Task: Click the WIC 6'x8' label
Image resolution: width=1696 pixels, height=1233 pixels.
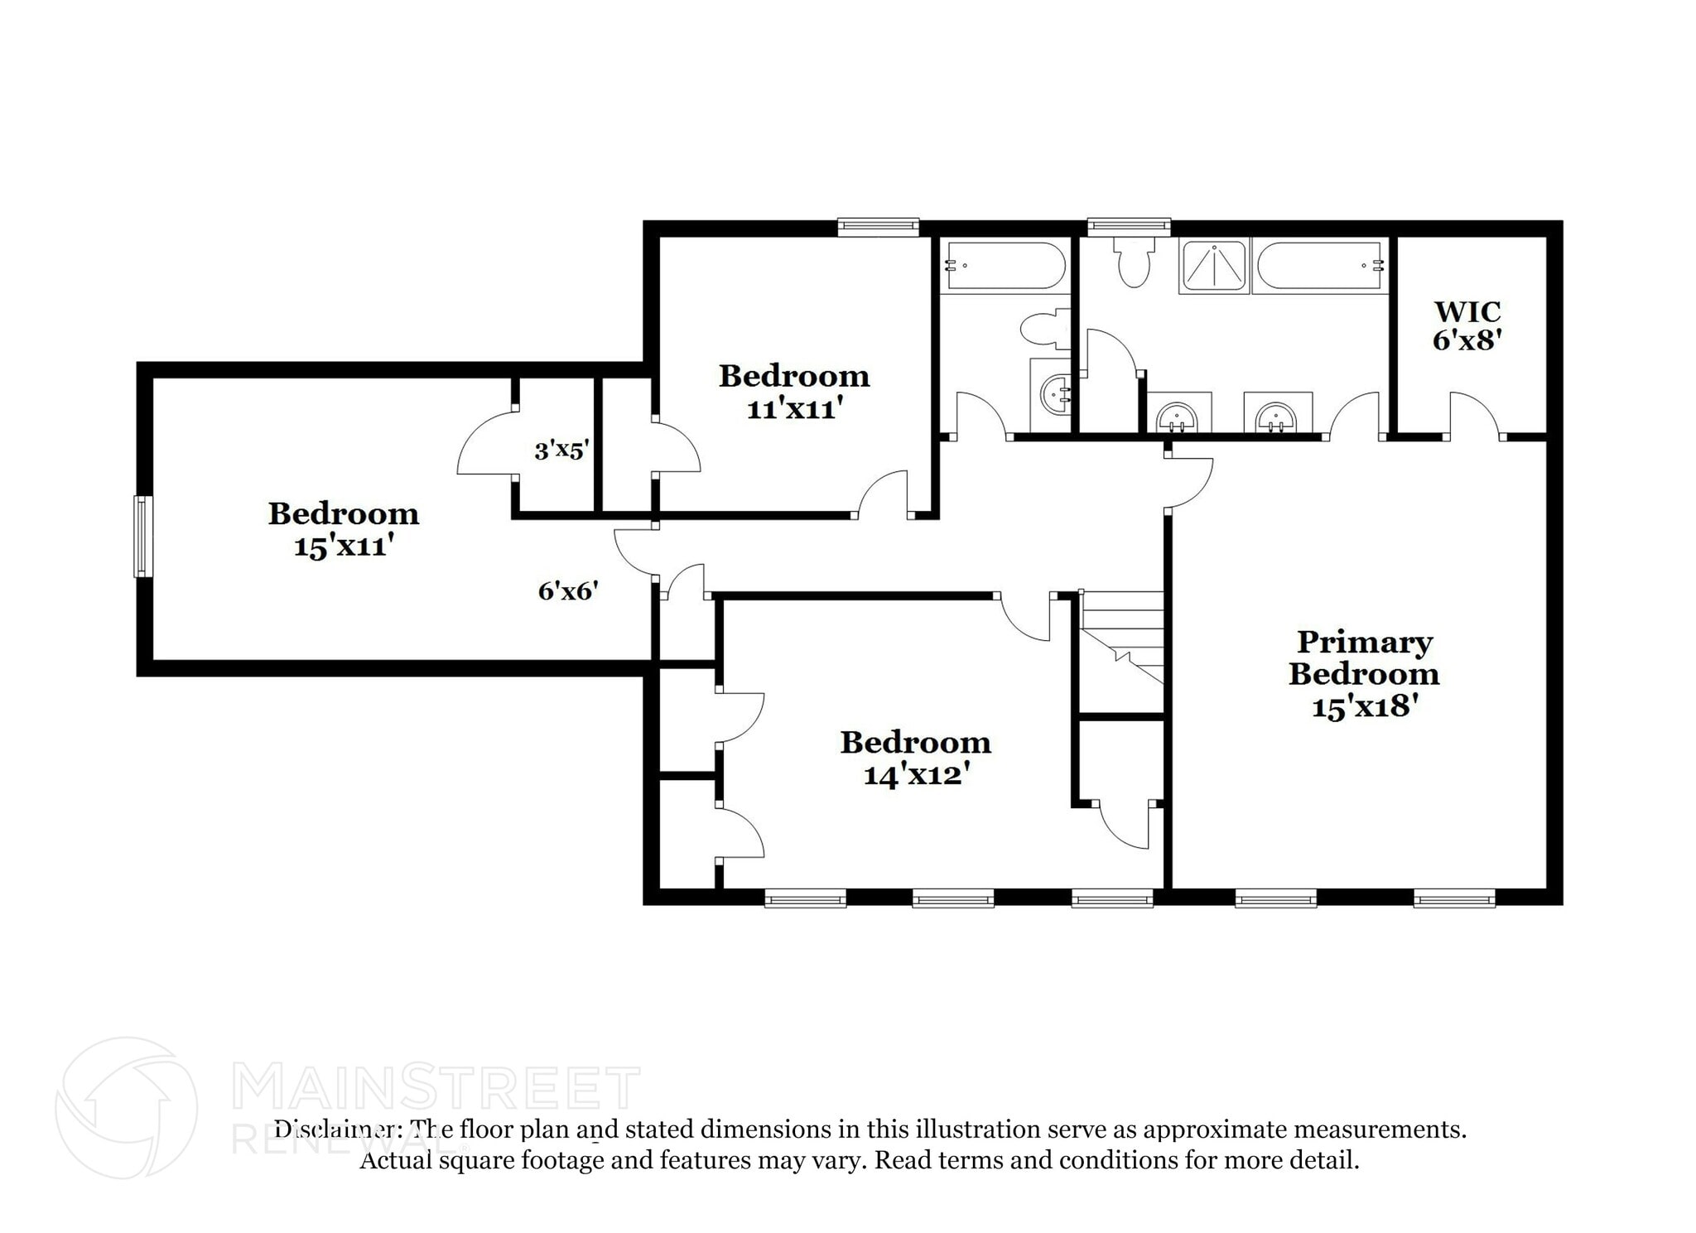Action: (1467, 325)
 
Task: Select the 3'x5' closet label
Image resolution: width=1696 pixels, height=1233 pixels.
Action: (561, 450)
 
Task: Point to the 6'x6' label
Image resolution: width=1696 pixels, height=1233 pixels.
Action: (568, 591)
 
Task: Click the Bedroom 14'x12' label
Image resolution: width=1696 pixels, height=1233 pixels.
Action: (915, 758)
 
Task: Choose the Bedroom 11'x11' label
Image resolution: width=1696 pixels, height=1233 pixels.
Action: (793, 392)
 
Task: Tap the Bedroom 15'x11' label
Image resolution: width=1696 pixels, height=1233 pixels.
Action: (343, 529)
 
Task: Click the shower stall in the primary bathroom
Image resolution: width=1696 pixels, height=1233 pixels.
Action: (1214, 266)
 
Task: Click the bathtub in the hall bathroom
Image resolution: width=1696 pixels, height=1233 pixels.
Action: (1005, 266)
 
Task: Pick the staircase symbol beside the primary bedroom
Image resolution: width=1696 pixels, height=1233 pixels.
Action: (1122, 638)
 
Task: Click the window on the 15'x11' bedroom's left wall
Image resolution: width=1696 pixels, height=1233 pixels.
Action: (143, 536)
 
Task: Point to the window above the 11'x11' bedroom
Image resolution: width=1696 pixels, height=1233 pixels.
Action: (878, 226)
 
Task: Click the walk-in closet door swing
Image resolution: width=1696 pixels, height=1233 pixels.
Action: (1474, 414)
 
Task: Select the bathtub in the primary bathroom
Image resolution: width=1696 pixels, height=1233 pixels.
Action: (1320, 266)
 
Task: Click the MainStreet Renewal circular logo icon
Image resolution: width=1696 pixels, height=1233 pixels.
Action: (126, 1108)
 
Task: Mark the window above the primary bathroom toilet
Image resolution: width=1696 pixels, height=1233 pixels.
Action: (1129, 226)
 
